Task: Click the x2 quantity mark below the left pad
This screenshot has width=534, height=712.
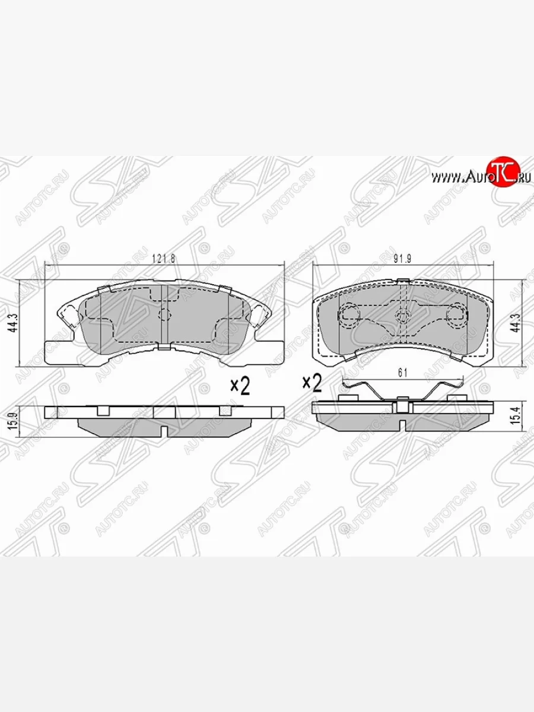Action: tap(240, 386)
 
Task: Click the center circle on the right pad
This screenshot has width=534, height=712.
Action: tap(403, 315)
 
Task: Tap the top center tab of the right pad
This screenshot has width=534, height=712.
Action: tap(403, 281)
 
